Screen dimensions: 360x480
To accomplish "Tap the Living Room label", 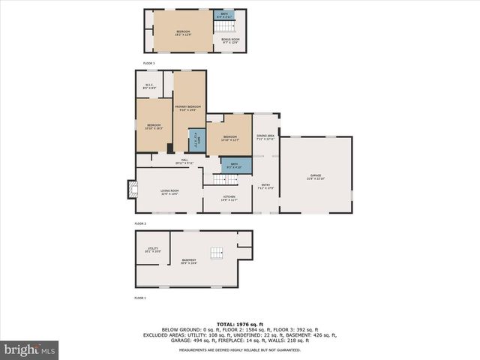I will coord(169,192).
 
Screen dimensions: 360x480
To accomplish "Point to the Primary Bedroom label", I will coord(188,108).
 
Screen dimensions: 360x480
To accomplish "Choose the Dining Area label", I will coord(265,137).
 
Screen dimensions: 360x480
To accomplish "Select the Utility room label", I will coord(152,250).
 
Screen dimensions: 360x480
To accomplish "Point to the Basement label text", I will coord(188,262).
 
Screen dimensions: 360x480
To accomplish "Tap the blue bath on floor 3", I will coord(224,14).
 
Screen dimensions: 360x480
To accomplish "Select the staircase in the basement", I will coord(216,253).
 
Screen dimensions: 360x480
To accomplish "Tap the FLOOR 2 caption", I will coord(140,223).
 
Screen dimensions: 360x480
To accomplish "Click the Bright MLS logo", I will coord(30,349).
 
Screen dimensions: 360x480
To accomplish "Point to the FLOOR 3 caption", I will coord(149,63).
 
